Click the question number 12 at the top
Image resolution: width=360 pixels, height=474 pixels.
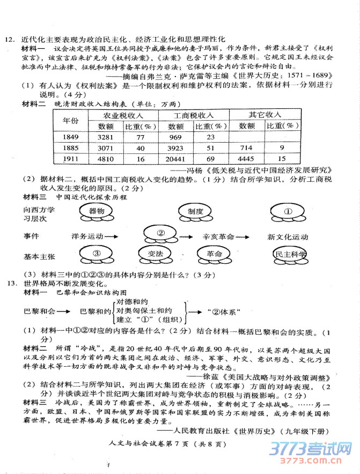coord(9,39)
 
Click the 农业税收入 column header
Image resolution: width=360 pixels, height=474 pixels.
coord(123,115)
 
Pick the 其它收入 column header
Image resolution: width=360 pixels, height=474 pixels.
coord(265,115)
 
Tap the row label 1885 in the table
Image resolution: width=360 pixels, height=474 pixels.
coord(71,147)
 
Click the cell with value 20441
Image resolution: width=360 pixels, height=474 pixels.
coord(176,159)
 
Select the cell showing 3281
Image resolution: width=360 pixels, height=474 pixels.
coord(106,137)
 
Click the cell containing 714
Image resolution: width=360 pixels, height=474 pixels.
coord(246,147)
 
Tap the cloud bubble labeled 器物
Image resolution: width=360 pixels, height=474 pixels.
coord(97,212)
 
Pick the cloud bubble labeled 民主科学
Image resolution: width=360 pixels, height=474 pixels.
coord(290,254)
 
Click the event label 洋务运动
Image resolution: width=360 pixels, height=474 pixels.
coord(86,235)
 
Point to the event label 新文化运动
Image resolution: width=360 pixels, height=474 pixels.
coord(288,236)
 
